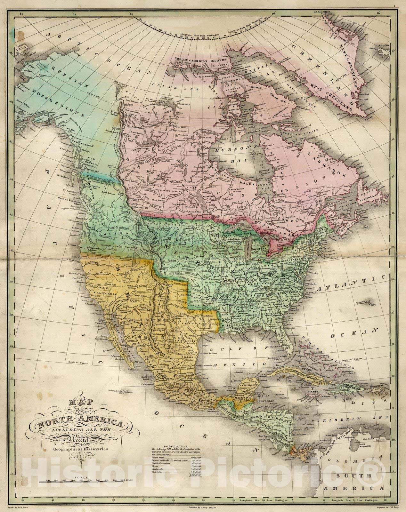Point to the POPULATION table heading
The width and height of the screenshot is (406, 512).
(x=173, y=446)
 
